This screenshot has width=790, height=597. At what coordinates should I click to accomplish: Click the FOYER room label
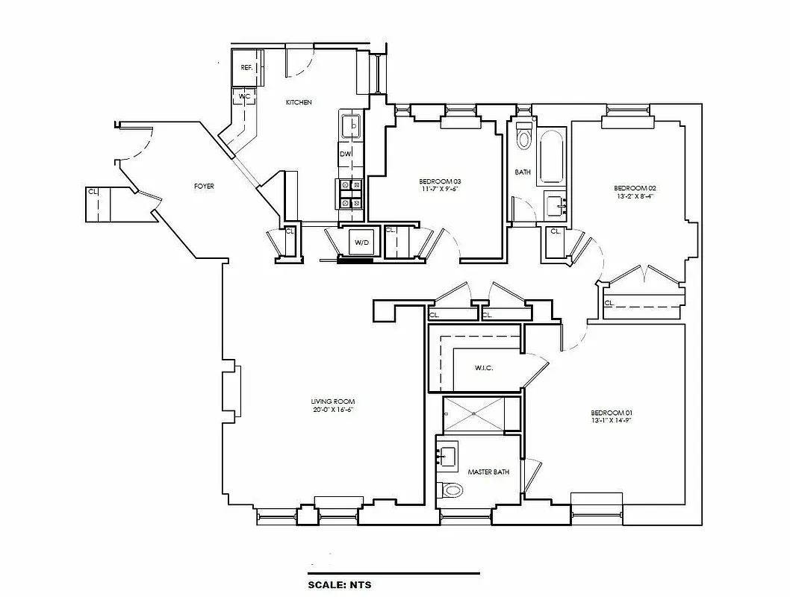tap(204, 186)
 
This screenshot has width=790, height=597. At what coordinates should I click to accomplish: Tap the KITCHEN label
tap(299, 102)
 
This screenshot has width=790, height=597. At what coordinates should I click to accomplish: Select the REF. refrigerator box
tap(246, 68)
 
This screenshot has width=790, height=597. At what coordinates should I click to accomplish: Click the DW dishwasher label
tap(345, 154)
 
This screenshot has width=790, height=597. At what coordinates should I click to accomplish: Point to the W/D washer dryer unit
tap(361, 243)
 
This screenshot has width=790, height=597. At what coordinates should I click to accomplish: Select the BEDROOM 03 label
tap(440, 182)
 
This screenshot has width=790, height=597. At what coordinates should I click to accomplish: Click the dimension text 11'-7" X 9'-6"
tap(440, 190)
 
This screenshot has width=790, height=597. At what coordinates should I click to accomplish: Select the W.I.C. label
tap(484, 369)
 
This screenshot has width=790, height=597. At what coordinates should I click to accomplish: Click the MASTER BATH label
tap(488, 472)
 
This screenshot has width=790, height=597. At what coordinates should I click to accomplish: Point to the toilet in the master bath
tap(452, 490)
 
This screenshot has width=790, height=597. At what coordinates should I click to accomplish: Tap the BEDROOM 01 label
tap(612, 413)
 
